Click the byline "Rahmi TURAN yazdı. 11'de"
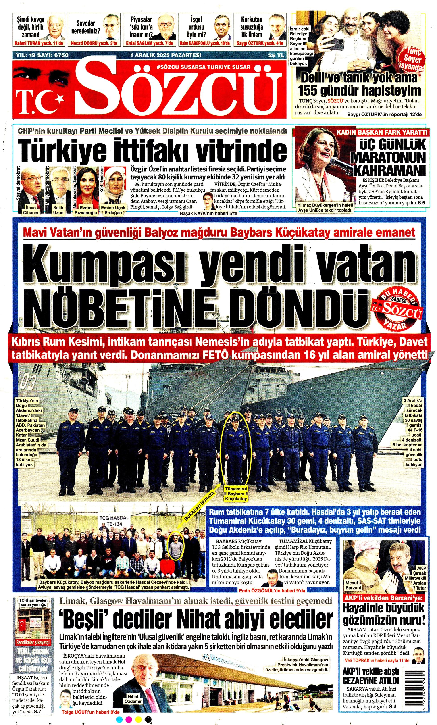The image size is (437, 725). point(39,44)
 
